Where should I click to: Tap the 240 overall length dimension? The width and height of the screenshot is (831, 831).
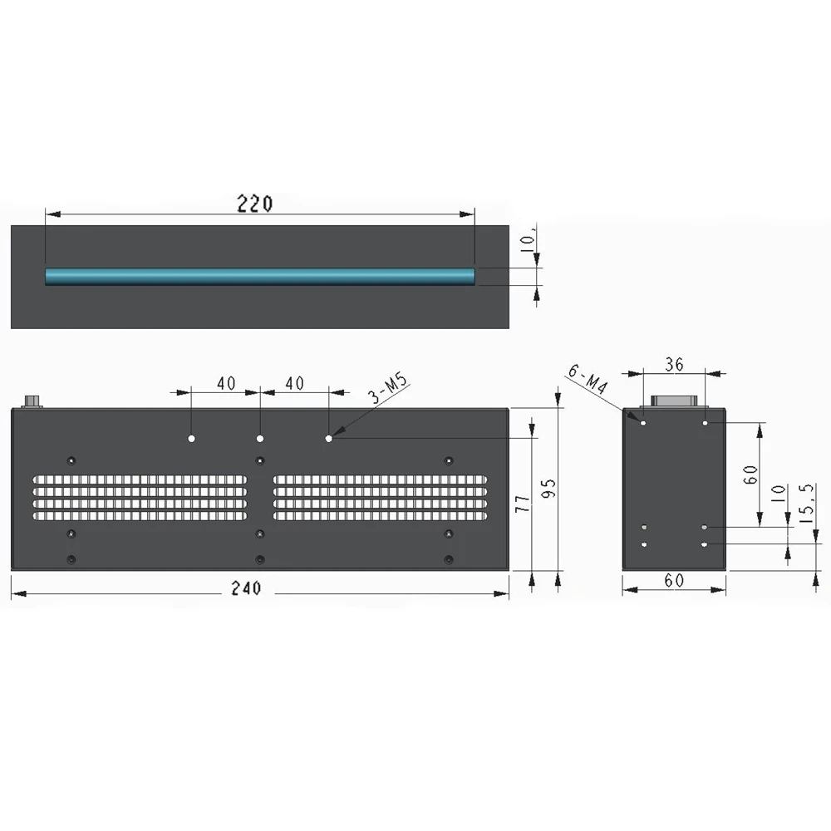(x=246, y=588)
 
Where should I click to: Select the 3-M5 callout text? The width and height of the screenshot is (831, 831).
(x=391, y=390)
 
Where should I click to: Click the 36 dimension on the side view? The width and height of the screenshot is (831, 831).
(x=674, y=363)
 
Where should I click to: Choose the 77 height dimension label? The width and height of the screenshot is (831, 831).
(x=523, y=504)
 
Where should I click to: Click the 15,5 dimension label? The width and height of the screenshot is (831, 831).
(x=804, y=504)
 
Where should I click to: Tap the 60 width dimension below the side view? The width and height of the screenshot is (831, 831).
(x=674, y=581)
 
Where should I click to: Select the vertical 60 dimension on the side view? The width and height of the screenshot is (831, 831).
(x=750, y=476)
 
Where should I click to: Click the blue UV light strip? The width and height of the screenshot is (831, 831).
(x=259, y=276)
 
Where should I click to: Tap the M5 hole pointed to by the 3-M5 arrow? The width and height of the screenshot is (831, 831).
(x=329, y=438)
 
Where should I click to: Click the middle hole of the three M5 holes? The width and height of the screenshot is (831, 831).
(x=260, y=438)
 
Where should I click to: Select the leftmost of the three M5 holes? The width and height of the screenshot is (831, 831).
(x=191, y=438)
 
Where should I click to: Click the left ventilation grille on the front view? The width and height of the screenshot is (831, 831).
(x=140, y=498)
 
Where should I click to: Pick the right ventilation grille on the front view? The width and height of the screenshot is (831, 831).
(x=381, y=498)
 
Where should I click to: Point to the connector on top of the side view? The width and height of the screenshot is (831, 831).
(x=674, y=401)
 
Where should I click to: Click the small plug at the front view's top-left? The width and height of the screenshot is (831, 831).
(x=33, y=401)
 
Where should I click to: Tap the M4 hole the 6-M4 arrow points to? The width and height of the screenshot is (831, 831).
(x=643, y=422)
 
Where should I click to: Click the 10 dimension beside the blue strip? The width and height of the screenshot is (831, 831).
(x=525, y=244)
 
